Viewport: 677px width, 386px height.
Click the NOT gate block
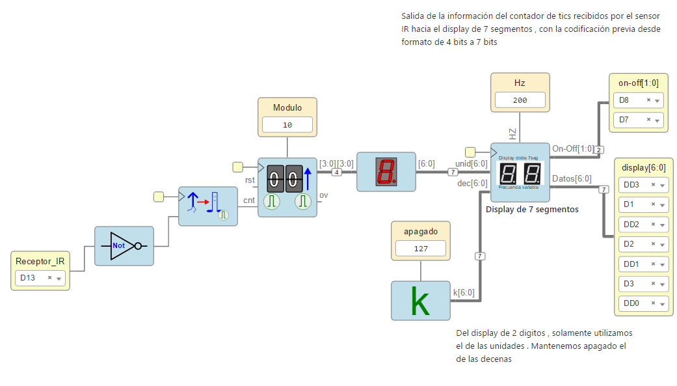(x=124, y=246)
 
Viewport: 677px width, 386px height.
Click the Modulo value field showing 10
(x=287, y=125)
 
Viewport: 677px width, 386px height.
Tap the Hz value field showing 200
(x=520, y=100)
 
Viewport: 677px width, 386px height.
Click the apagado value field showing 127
(x=421, y=248)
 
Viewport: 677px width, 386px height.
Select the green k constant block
(x=420, y=301)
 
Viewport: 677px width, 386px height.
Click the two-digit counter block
(x=287, y=187)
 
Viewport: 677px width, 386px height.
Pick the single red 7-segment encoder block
(x=386, y=172)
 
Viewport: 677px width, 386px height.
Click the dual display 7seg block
(x=520, y=172)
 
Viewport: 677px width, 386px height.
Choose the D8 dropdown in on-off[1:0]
(x=637, y=100)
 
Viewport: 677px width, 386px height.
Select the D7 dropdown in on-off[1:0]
(x=637, y=120)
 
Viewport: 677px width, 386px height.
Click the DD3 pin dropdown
(x=643, y=185)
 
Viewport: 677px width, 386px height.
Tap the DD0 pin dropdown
(x=643, y=303)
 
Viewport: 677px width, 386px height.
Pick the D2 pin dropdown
(x=643, y=244)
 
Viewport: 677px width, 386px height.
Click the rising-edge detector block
(x=207, y=206)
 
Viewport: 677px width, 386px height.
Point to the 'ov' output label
(x=323, y=196)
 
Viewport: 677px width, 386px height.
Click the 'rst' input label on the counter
(x=250, y=180)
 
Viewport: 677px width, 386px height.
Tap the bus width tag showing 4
(x=336, y=172)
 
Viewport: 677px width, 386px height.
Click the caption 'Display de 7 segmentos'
(x=532, y=210)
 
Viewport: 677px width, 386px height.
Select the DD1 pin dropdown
(x=643, y=264)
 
